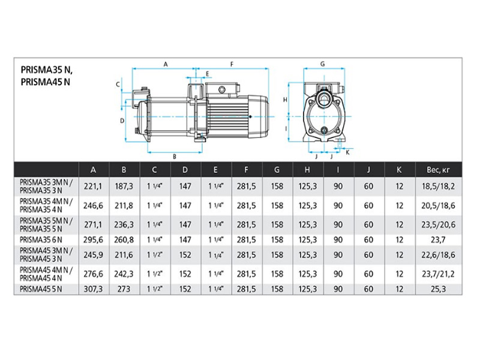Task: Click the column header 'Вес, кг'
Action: pyautogui.click(x=438, y=170)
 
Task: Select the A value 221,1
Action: pyautogui.click(x=93, y=187)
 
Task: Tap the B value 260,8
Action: pyautogui.click(x=124, y=239)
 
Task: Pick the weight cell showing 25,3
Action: pyautogui.click(x=438, y=289)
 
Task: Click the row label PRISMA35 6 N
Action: pyautogui.click(x=41, y=239)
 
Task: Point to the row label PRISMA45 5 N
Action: pyautogui.click(x=41, y=289)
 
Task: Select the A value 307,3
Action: pyautogui.click(x=93, y=289)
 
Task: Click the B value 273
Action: pyautogui.click(x=124, y=289)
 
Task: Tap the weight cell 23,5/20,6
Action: pyautogui.click(x=438, y=224)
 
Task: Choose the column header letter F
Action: pyautogui.click(x=246, y=170)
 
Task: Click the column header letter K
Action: pyautogui.click(x=399, y=170)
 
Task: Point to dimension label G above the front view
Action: pyautogui.click(x=322, y=64)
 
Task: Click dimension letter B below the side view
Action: pyautogui.click(x=175, y=157)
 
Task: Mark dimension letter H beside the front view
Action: pyautogui.click(x=285, y=100)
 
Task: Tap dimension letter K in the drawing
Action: pyautogui.click(x=347, y=152)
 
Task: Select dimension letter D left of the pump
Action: pyautogui.click(x=122, y=121)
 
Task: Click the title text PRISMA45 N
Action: pyautogui.click(x=46, y=82)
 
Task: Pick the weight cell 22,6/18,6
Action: pyautogui.click(x=438, y=255)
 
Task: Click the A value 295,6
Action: pyautogui.click(x=93, y=239)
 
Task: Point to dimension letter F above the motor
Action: pyautogui.click(x=232, y=64)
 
